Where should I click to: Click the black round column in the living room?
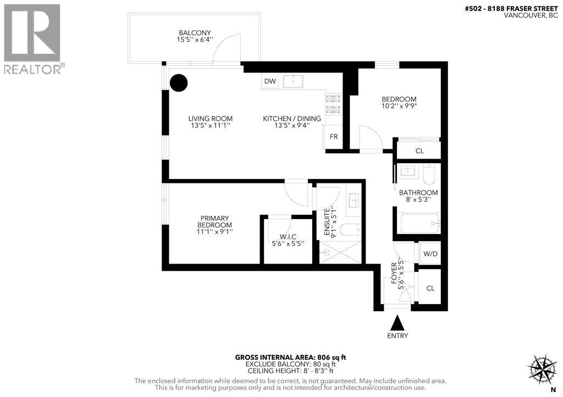178,83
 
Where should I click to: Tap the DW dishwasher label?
269,81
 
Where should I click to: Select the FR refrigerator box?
334,137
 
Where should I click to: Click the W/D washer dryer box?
430,254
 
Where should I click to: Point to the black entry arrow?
397,322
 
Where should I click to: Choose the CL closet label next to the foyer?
430,288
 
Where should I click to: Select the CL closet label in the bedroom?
420,150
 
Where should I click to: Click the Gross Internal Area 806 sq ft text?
291,357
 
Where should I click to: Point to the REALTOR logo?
34,38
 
